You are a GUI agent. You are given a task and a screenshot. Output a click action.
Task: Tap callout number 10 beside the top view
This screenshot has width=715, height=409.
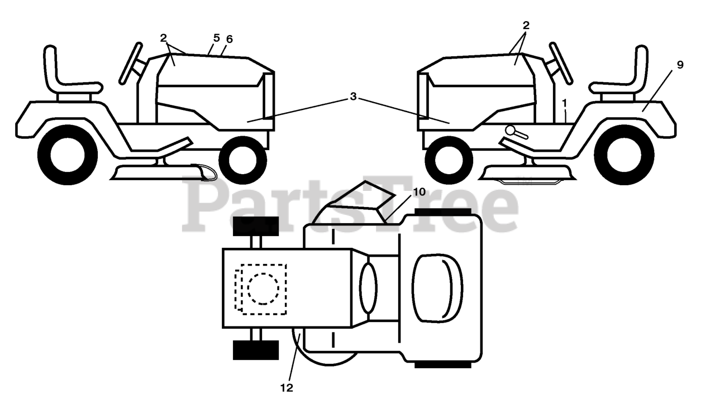[x=419, y=192]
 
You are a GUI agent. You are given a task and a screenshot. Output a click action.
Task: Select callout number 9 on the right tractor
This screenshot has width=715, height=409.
[x=680, y=65]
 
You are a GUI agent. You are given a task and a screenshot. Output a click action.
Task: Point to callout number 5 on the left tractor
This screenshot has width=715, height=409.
[x=216, y=38]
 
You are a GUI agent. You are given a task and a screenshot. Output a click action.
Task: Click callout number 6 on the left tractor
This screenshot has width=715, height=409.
[x=230, y=39]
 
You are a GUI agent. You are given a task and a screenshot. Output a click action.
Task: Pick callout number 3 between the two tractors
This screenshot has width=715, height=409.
[x=353, y=96]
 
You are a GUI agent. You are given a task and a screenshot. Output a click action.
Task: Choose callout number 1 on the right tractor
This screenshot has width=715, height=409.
[x=565, y=103]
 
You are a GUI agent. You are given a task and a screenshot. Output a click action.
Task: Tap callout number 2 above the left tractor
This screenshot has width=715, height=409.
[x=163, y=38]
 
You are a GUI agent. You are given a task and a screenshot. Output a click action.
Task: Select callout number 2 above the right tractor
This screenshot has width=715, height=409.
[x=526, y=25]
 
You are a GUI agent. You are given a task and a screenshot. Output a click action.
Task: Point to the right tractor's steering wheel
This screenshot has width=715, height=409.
[x=560, y=62]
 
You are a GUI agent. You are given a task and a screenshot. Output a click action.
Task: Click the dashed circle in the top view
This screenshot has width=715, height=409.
[x=263, y=288]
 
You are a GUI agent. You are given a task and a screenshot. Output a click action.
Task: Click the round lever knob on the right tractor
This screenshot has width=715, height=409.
[x=511, y=130]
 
